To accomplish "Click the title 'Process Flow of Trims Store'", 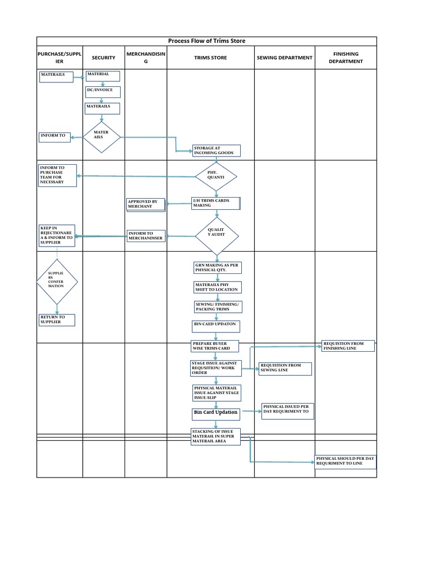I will (x=206, y=41).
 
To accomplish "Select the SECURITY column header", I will (x=103, y=58).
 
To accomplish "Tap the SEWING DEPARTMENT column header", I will (x=284, y=58).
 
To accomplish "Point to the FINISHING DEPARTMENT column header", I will (x=345, y=58).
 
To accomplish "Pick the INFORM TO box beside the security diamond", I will (x=55, y=136).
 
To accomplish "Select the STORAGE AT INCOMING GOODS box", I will (x=216, y=151).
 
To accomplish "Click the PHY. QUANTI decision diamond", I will (x=216, y=176).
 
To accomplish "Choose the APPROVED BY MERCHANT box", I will (x=146, y=204).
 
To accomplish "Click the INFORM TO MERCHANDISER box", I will (x=147, y=236).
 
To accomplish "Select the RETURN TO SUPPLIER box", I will (x=56, y=320).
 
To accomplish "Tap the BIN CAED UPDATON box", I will (x=215, y=325).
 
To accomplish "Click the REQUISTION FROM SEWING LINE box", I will (x=285, y=368).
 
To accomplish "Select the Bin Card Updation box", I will (x=216, y=413).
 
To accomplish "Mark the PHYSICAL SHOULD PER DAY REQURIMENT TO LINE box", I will (x=345, y=461).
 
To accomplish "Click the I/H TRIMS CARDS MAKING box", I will (x=215, y=203).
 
